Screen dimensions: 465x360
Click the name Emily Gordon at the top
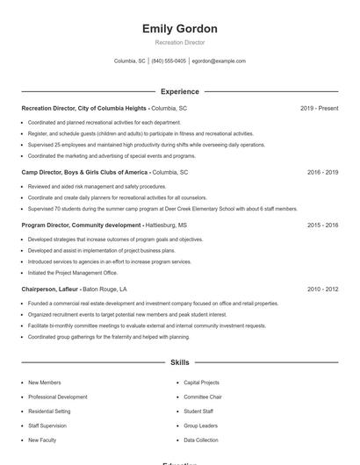(179, 29)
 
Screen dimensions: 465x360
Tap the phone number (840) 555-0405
(169, 61)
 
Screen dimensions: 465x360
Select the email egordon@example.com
(219, 61)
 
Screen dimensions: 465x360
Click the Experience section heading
(179, 91)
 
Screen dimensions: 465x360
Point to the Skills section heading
(179, 361)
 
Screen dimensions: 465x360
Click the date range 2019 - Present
(319, 108)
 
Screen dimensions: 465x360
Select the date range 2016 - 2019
(322, 173)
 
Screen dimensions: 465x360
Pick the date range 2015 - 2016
(322, 225)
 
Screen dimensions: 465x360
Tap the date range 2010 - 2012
(322, 289)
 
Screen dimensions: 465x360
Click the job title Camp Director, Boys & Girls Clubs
(84, 173)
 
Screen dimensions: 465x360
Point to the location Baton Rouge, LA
(104, 289)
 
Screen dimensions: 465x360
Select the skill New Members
(45, 383)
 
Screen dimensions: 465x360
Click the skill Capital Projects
(201, 383)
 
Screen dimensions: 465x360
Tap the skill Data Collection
(201, 440)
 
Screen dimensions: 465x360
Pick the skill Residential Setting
(49, 411)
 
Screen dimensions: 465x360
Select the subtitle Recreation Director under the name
(179, 42)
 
